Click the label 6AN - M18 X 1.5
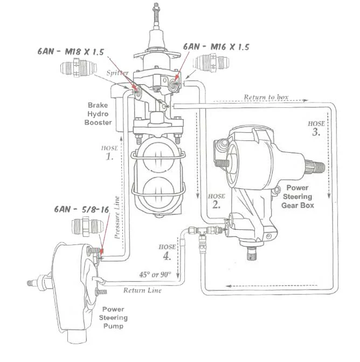71,52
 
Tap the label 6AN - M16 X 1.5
216,47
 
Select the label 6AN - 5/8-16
81,209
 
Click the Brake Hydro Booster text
98,114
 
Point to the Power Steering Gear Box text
297,196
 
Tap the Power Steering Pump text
113,317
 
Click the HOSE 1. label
109,153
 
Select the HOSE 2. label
216,201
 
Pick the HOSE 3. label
316,128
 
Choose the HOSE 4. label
167,252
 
